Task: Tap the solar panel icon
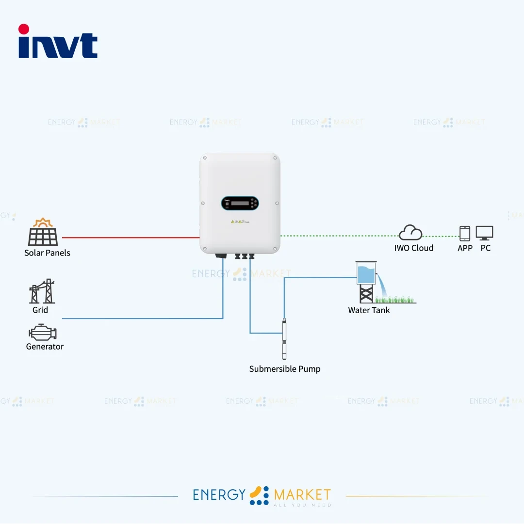43,233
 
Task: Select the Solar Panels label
47,253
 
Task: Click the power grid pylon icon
42,291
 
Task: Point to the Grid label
40,310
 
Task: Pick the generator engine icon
43,333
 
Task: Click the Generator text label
45,347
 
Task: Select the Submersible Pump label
285,369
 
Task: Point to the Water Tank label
369,310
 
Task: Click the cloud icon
410,233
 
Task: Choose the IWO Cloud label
414,248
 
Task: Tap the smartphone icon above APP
465,233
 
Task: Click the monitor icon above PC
484,233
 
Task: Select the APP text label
465,248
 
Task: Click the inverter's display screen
240,203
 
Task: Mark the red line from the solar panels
131,238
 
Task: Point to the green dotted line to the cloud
340,236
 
